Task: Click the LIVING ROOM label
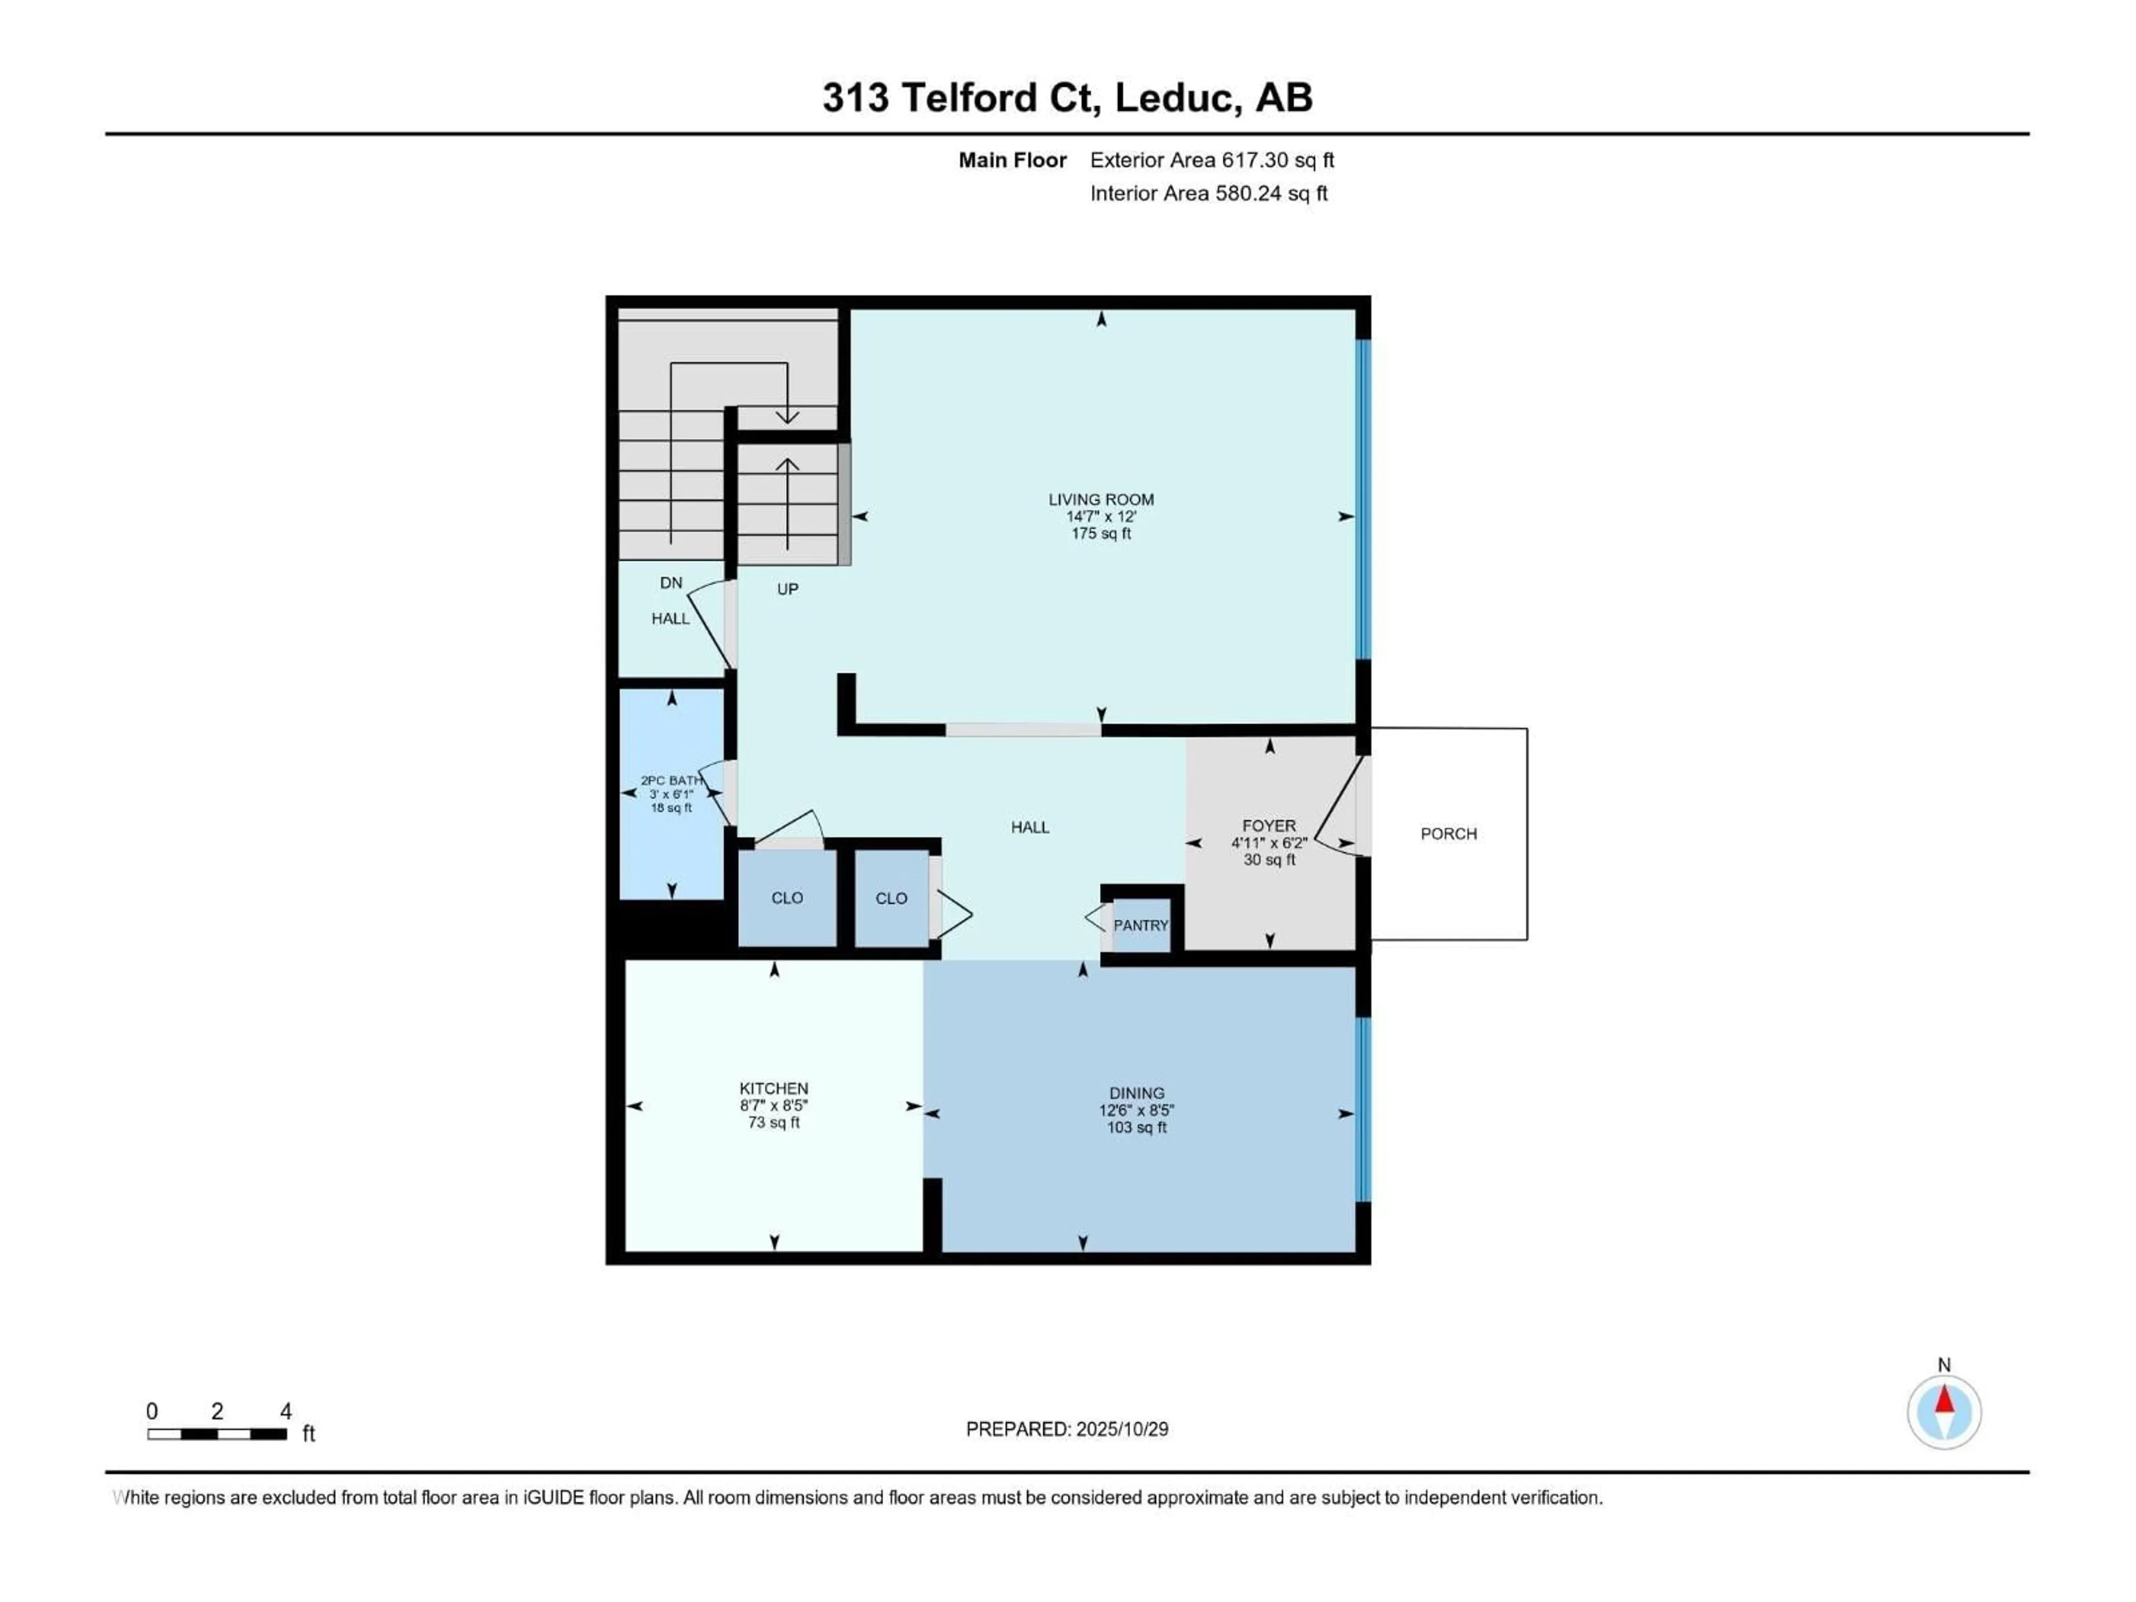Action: (1101, 500)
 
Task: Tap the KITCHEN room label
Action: (774, 1088)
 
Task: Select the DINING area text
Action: (1136, 1093)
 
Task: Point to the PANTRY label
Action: (1140, 925)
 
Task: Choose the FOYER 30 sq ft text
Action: (1269, 859)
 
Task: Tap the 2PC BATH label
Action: (671, 780)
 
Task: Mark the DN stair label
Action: (671, 582)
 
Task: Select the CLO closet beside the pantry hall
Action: (891, 898)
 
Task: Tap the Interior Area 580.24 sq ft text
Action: (1208, 193)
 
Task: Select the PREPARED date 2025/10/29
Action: (1066, 1429)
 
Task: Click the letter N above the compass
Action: (1944, 1364)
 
